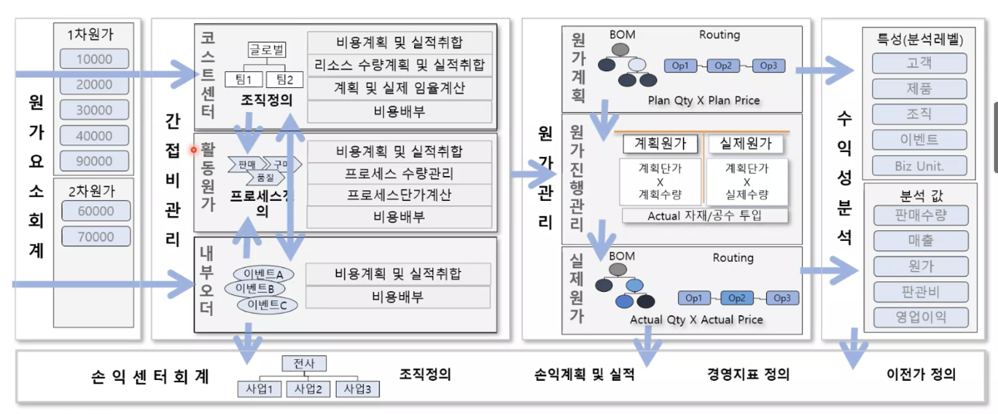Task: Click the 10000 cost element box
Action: [93, 59]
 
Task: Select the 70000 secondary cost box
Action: [93, 236]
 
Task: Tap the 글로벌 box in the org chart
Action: [266, 50]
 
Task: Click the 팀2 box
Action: [285, 79]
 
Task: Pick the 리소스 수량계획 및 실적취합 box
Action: [399, 65]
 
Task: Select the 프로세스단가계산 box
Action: [399, 195]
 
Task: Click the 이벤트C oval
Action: [267, 305]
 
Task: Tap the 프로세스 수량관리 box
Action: [399, 173]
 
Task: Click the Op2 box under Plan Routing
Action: [724, 66]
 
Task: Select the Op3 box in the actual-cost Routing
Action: [782, 298]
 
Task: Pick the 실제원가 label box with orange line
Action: [745, 144]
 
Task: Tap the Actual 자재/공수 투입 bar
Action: [704, 215]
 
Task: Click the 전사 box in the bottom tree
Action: [304, 363]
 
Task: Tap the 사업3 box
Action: [358, 389]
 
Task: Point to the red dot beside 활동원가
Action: [194, 149]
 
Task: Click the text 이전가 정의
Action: [922, 375]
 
